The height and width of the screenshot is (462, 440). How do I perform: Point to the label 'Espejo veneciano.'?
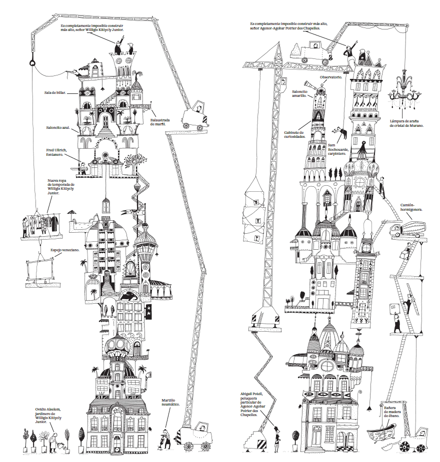pyautogui.click(x=63, y=249)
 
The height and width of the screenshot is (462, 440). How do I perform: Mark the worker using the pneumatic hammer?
pyautogui.click(x=165, y=438)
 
